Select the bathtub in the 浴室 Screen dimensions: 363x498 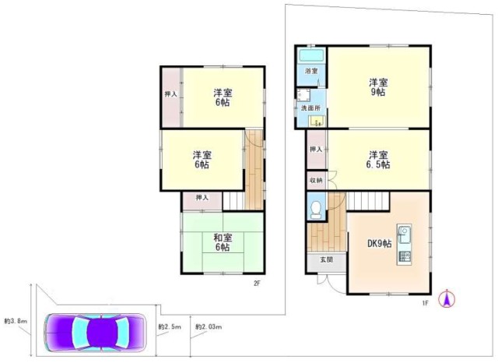(311, 57)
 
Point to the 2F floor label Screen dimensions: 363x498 (256, 284)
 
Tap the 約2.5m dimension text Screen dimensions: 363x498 (169, 327)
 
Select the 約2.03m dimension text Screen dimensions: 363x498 (209, 327)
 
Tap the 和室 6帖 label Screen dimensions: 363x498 (223, 242)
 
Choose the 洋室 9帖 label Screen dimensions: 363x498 (379, 86)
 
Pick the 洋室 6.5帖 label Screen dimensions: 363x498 (379, 159)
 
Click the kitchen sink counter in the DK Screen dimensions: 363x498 (405, 244)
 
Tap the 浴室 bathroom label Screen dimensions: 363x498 (311, 72)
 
